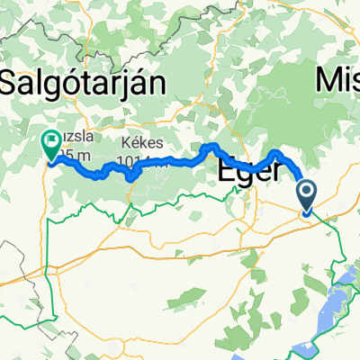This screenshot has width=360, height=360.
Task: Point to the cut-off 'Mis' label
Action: pos(337,83)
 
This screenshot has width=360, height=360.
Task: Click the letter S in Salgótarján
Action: pos(10,85)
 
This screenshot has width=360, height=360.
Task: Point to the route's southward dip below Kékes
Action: pos(133,175)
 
